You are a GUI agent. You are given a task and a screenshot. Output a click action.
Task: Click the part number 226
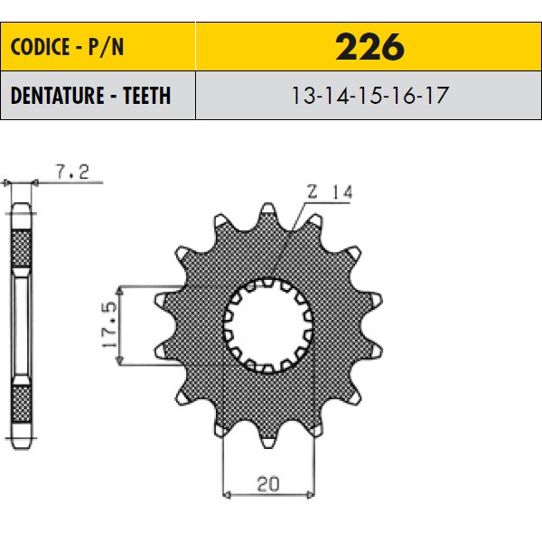pos(369,47)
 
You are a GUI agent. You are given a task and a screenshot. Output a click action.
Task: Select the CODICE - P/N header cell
pos(98,47)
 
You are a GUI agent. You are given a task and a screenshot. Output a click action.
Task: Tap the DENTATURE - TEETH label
pos(90,96)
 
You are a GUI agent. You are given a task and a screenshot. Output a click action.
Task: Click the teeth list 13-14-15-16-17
pos(369,96)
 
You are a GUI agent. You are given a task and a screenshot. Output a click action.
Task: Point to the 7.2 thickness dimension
pos(72,172)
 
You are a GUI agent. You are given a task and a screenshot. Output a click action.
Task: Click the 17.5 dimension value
pos(109,325)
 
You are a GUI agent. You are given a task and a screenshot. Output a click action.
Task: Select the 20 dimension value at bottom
pos(268,484)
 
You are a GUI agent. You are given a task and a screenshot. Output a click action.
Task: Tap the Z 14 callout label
pos(330,192)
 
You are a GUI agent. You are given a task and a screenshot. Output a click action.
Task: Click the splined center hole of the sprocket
pos(268,325)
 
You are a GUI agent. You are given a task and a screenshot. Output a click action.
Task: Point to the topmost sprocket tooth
pos(268,210)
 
